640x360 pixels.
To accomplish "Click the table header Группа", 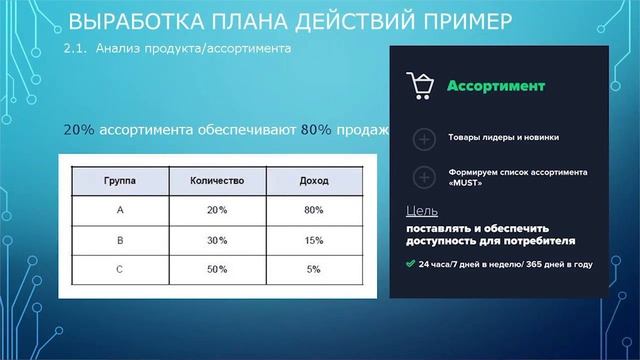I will (120, 182).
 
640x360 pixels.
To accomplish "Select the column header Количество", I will (217, 182).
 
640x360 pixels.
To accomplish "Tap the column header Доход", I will (314, 182).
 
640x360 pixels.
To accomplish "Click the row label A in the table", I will (120, 211).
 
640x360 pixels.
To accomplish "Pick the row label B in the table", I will (120, 240).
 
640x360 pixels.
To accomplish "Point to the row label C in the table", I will (120, 269).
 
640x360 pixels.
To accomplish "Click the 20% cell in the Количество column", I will (217, 211).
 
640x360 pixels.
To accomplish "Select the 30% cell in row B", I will (217, 240).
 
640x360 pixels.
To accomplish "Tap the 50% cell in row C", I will (217, 269).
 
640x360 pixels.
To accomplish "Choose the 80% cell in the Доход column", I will (314, 211).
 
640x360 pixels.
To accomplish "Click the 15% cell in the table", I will (314, 240).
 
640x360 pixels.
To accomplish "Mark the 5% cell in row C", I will (314, 269).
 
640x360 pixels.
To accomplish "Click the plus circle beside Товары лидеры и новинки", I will (423, 139).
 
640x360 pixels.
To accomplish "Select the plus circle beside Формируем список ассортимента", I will (423, 177).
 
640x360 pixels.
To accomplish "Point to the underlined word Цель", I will (422, 211).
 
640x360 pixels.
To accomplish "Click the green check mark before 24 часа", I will (410, 265).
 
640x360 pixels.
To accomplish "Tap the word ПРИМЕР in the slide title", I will (461, 21).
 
